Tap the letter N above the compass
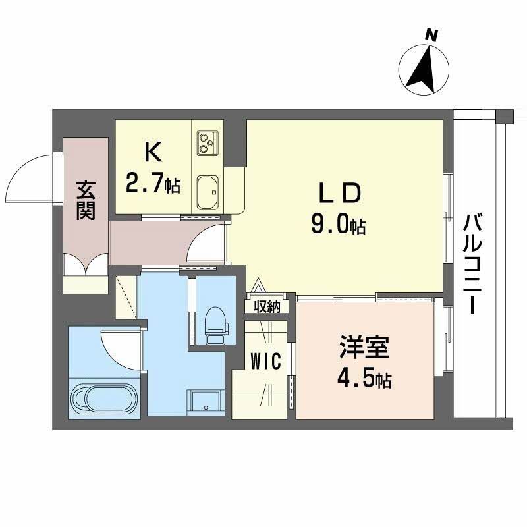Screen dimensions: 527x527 [x=432, y=35]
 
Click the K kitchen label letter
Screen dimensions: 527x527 [x=153, y=153]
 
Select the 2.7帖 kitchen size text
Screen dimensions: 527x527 [x=153, y=184]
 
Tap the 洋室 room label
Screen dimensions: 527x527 [x=364, y=347]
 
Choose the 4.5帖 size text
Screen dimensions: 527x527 [x=364, y=379]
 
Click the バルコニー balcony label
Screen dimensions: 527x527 [x=472, y=263]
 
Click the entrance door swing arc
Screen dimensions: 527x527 [x=34, y=177]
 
